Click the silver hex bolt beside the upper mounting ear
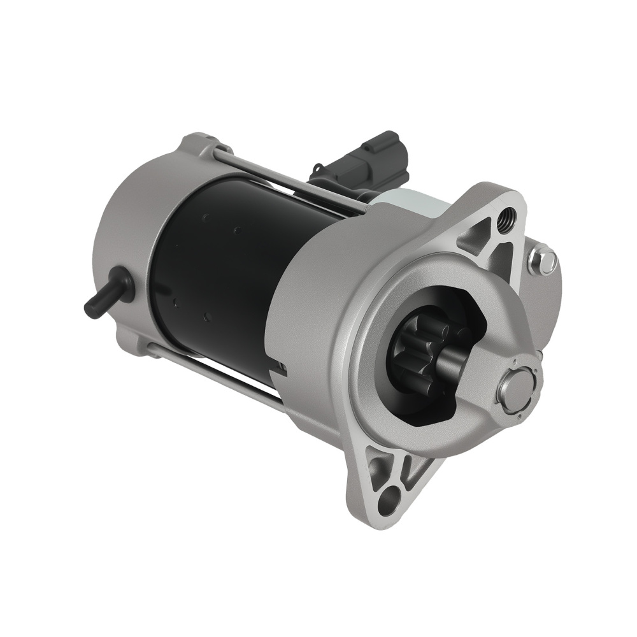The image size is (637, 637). tap(543, 261)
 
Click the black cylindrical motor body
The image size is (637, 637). tap(223, 274)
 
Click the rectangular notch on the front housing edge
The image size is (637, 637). tap(281, 368)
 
